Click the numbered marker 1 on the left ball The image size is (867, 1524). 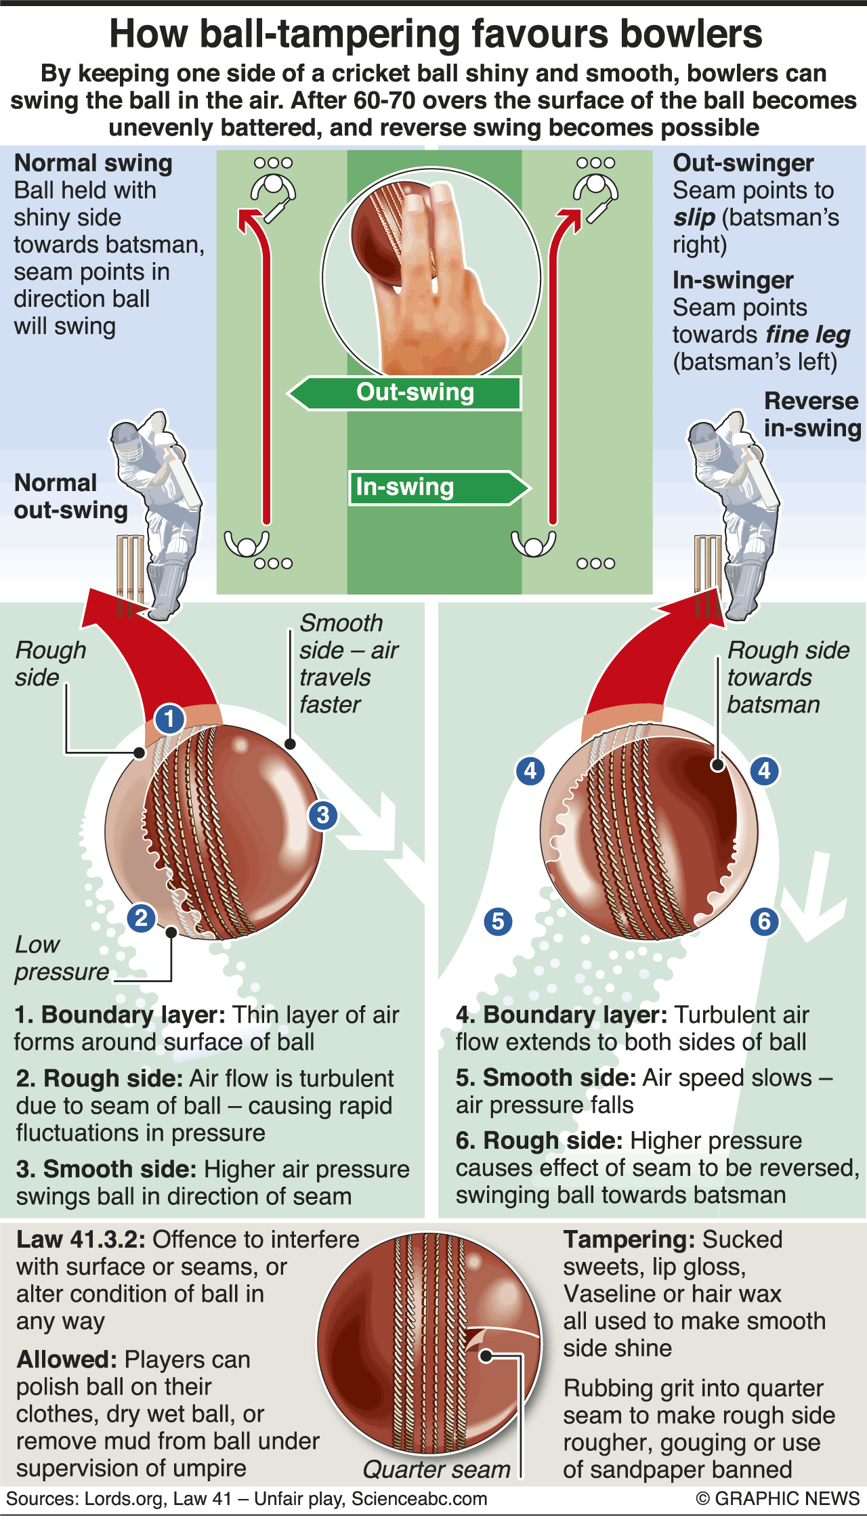coord(169,719)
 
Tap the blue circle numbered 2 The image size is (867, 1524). coord(141,918)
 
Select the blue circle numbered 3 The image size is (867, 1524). coord(323,815)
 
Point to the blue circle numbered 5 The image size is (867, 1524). coord(498,921)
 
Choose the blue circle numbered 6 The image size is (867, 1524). coord(764,921)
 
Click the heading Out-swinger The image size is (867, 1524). coord(743,163)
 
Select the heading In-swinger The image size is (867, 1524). coord(732,280)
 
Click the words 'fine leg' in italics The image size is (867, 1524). coord(807,335)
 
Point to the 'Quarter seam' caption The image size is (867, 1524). coord(436,1469)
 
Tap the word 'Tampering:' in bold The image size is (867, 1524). coord(629,1240)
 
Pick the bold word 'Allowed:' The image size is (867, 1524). coord(66,1359)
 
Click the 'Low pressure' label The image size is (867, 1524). coord(61,958)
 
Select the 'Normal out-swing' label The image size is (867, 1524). coord(70,496)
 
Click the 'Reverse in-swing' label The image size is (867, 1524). coord(812,415)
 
